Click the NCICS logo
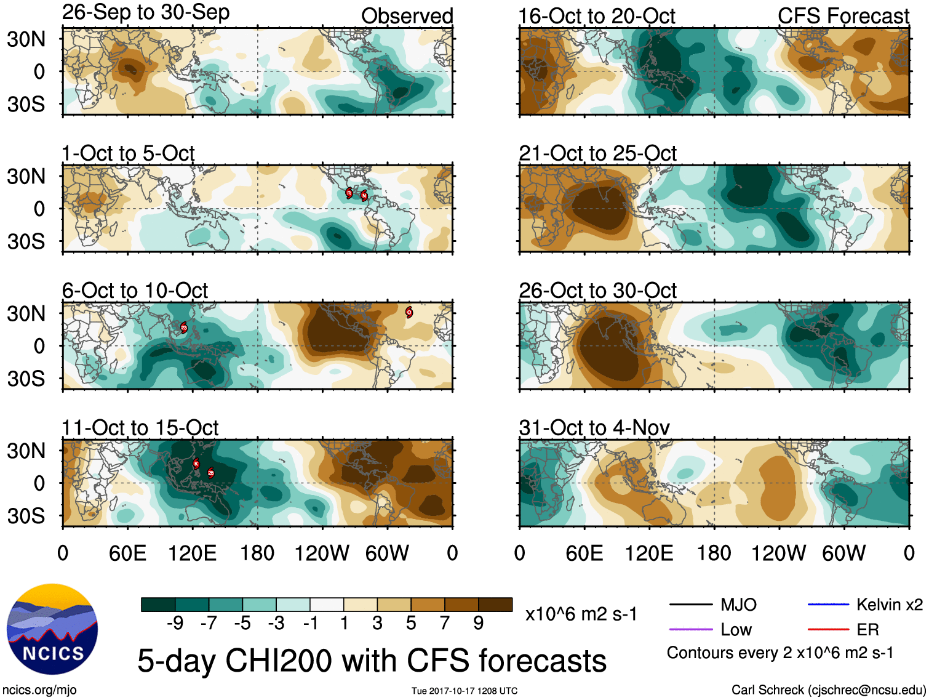click(x=52, y=629)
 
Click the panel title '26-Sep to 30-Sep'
click(x=146, y=12)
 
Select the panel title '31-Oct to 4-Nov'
click(x=594, y=427)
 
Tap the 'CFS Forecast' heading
click(x=843, y=16)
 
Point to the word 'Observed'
click(x=407, y=16)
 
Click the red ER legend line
click(x=827, y=629)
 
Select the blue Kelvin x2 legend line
click(x=827, y=605)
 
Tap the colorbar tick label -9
click(x=175, y=624)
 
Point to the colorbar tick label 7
click(x=445, y=624)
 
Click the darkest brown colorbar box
click(x=495, y=605)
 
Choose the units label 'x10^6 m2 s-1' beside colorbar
click(x=581, y=614)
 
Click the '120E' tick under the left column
click(x=193, y=553)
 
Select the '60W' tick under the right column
click(x=843, y=553)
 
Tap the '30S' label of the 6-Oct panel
click(x=26, y=379)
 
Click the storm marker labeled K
click(x=196, y=464)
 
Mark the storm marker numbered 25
click(x=210, y=473)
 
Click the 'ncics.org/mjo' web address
click(x=39, y=690)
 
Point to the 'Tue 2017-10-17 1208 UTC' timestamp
click(x=464, y=691)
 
